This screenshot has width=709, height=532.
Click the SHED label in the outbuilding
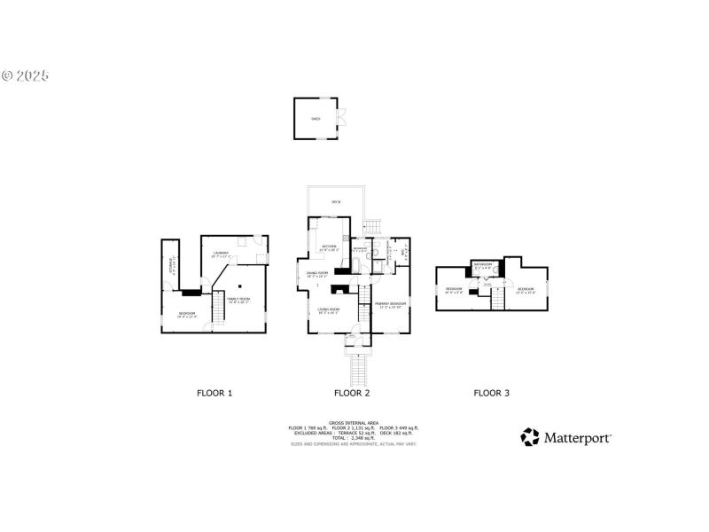(315, 118)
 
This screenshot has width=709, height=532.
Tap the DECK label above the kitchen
(336, 203)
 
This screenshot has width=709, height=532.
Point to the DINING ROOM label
(317, 272)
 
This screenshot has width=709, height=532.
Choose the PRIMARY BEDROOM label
(390, 304)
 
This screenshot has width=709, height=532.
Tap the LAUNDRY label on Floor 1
(221, 254)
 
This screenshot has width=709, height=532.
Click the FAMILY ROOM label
(238, 299)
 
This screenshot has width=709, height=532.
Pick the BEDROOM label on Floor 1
(187, 313)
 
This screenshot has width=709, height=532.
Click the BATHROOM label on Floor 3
(483, 264)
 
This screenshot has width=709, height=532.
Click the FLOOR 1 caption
(214, 392)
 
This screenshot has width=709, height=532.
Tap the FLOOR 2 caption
(352, 392)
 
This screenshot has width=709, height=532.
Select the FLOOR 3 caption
(492, 392)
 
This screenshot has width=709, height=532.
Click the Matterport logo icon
(530, 436)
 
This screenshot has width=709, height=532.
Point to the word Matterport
(577, 437)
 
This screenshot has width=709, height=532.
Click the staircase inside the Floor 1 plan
(216, 309)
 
